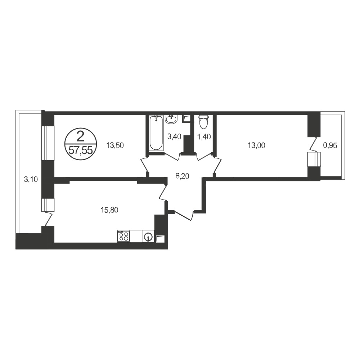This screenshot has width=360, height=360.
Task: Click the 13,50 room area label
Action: coord(115,145)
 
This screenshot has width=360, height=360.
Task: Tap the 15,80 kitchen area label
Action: coord(109,210)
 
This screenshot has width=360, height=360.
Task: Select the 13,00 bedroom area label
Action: coord(256,145)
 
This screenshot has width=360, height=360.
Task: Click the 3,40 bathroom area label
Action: coord(174,137)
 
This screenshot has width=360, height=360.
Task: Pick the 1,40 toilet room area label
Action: coord(204,137)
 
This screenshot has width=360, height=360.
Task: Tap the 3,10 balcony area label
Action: coord(31,179)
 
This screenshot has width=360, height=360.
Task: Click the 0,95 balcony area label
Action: coord(330,145)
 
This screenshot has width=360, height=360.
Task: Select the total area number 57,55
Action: coord(81,151)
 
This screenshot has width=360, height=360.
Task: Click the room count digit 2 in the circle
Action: coord(80,138)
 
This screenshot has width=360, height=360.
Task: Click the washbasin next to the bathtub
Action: coord(171,120)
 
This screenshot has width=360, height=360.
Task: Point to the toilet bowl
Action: coord(203,122)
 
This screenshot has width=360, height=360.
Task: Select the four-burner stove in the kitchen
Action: coord(123,236)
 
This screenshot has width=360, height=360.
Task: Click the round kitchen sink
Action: coord(148,237)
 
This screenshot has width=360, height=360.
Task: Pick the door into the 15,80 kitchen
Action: coord(163,192)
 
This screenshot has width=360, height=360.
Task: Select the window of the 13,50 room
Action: coord(45,143)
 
